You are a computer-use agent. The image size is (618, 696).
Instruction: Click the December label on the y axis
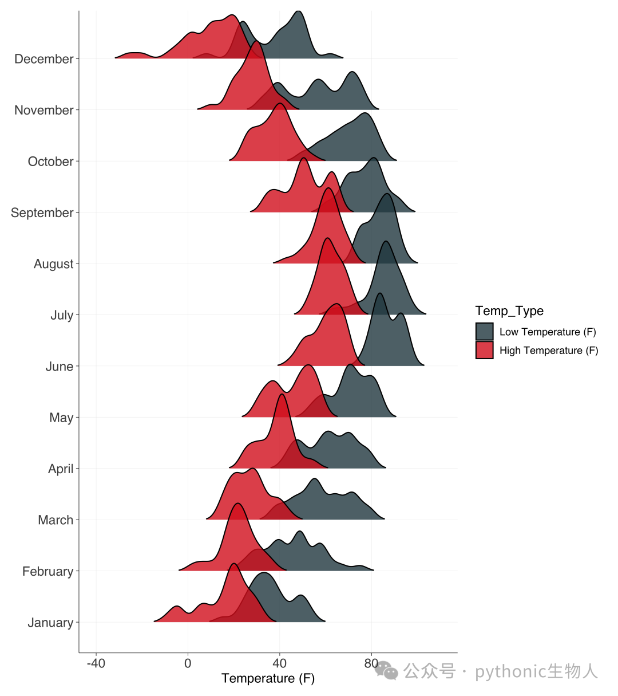click(x=44, y=59)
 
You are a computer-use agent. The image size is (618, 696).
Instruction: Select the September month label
click(x=42, y=213)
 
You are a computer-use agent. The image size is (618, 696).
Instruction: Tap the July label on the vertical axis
click(x=62, y=315)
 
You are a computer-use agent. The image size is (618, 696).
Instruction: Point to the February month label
click(x=48, y=571)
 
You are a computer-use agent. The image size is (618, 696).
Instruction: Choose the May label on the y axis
click(x=61, y=418)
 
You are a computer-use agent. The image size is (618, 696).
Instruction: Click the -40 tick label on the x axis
click(x=96, y=663)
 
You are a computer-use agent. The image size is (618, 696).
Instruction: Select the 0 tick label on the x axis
click(x=188, y=663)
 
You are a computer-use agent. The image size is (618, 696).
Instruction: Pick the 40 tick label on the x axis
click(x=280, y=663)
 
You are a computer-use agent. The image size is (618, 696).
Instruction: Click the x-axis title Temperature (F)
click(x=268, y=678)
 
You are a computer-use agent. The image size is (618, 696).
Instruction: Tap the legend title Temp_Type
click(x=509, y=311)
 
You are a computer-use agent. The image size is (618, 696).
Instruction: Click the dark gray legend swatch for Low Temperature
click(x=485, y=332)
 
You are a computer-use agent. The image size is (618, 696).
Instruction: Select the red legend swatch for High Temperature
click(x=485, y=350)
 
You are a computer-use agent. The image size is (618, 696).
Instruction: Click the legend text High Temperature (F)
click(x=549, y=351)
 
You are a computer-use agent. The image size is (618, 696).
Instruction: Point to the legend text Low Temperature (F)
click(x=548, y=332)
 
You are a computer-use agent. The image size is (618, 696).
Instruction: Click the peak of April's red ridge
click(x=282, y=394)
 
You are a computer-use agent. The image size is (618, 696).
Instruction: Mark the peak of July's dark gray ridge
click(x=386, y=242)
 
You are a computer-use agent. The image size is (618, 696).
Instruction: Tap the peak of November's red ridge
click(x=257, y=42)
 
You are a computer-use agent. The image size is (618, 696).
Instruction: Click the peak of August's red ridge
click(x=328, y=188)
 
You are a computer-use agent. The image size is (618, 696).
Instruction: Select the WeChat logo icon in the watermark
click(x=386, y=670)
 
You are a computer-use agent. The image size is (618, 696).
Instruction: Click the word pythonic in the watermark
click(x=510, y=671)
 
